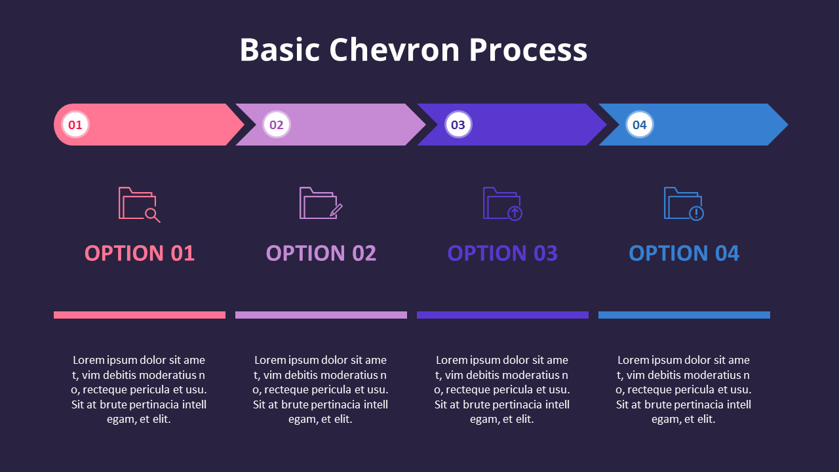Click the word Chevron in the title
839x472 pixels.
394,50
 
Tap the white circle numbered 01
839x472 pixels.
75,125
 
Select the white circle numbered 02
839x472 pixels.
277,125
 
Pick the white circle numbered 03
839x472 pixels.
458,125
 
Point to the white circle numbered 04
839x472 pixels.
639,125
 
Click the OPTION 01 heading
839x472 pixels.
140,253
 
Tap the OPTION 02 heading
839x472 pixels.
321,253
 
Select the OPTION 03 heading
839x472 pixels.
503,253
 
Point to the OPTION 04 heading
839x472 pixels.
684,253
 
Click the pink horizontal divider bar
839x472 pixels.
140,315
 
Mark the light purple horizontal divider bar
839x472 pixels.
321,315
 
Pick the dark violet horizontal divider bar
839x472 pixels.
503,315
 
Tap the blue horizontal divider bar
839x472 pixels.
684,315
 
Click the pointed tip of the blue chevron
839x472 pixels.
788,125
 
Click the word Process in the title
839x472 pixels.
528,50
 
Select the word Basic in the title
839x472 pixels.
280,50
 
